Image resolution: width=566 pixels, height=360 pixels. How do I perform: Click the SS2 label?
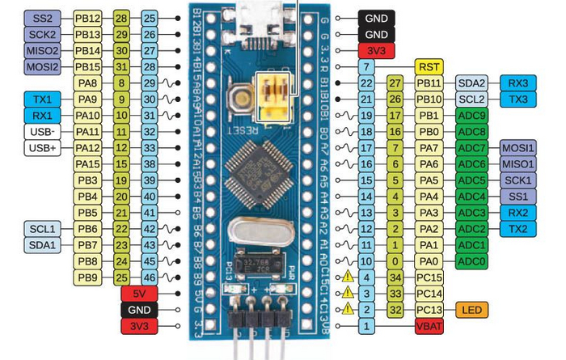coord(40,17)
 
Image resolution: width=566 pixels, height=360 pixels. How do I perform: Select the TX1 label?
coord(40,99)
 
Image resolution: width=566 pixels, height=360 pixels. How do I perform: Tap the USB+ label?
coord(40,147)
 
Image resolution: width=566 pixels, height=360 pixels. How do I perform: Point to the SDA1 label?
coord(40,245)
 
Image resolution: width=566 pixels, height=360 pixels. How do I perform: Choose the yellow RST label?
coord(430,66)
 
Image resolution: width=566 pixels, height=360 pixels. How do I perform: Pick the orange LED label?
coord(472,310)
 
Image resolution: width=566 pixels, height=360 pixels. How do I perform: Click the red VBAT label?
coord(430,326)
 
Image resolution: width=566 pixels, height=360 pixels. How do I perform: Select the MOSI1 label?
coord(518,147)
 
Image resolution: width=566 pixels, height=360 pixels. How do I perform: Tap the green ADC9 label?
coord(471,115)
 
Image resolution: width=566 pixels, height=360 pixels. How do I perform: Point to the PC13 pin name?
coord(430,310)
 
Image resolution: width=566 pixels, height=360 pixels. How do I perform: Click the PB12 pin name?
coord(88,17)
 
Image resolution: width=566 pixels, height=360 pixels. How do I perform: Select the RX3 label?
coord(518,82)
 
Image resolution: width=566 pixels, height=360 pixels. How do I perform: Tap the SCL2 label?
coord(472,99)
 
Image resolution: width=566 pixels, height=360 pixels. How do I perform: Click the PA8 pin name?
coord(88,82)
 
